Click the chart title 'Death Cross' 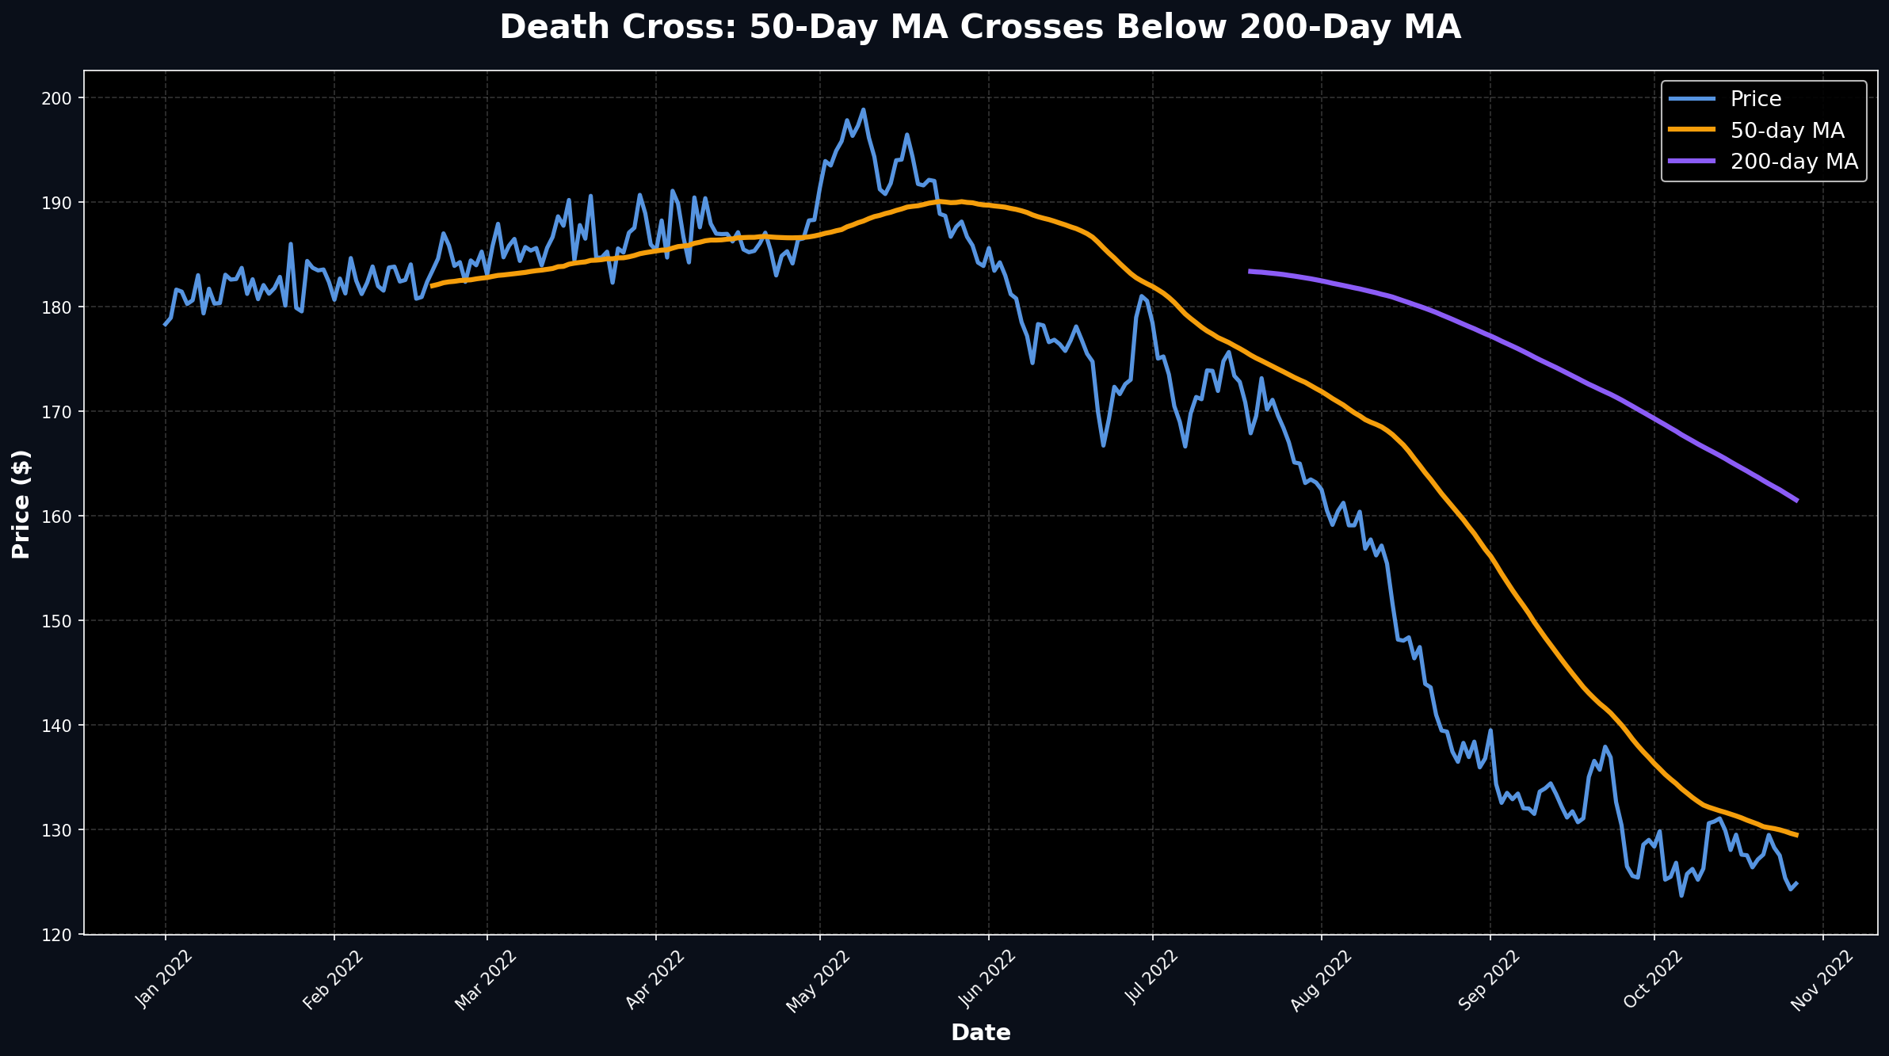click(x=980, y=28)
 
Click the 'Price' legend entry click(x=1756, y=99)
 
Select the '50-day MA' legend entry click(x=1787, y=131)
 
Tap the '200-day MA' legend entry click(x=1794, y=162)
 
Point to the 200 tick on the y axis click(x=60, y=98)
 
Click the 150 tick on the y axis click(x=60, y=621)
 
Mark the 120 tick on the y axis click(x=60, y=935)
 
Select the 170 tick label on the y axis click(x=60, y=412)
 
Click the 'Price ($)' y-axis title click(x=21, y=504)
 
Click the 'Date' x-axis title click(x=980, y=1033)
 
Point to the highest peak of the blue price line click(x=863, y=110)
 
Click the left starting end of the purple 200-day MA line click(x=1250, y=271)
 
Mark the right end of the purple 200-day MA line click(x=1796, y=501)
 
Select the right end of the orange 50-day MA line click(x=1796, y=835)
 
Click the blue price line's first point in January click(x=166, y=324)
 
